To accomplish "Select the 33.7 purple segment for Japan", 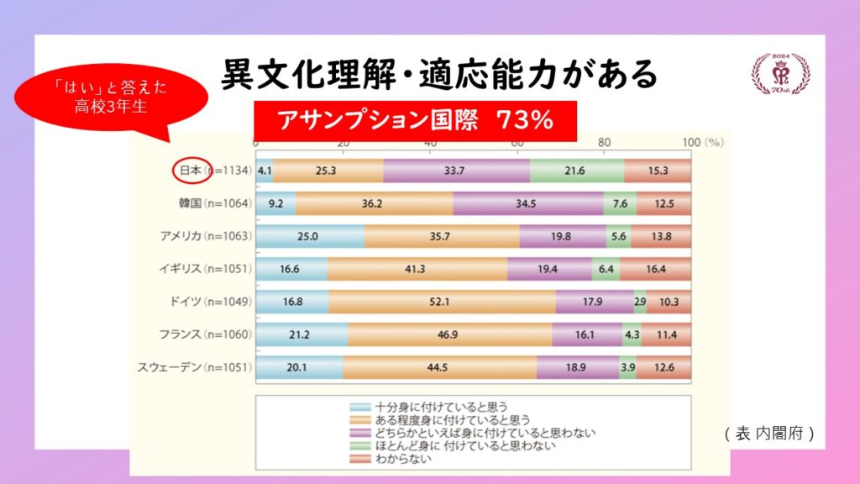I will click(457, 171).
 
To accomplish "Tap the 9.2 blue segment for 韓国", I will click(275, 203).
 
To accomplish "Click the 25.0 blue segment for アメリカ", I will click(310, 236).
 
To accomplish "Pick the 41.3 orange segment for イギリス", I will click(417, 269).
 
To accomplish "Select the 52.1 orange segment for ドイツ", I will click(442, 302).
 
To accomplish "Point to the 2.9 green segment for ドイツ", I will click(640, 302).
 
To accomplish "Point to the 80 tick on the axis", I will click(604, 143).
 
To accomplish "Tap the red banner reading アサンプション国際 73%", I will click(415, 120).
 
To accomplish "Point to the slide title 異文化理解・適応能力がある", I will click(438, 75).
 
